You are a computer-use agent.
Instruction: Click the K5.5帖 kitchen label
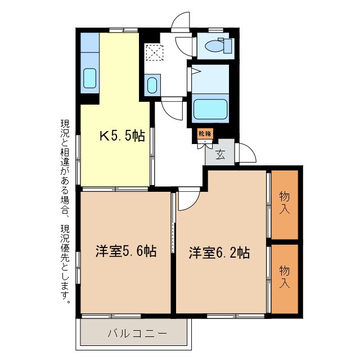[x=122, y=136]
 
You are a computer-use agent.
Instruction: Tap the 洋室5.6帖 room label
[x=125, y=252]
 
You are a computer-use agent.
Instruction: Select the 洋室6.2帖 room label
[x=219, y=253]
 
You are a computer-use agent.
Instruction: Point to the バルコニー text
[x=138, y=333]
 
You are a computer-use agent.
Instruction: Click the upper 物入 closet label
[x=285, y=203]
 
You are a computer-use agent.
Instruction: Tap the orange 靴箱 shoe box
[x=205, y=134]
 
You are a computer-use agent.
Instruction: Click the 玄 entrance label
[x=220, y=155]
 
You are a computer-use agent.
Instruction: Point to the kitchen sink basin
[x=90, y=78]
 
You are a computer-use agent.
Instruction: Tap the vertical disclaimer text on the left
[x=66, y=211]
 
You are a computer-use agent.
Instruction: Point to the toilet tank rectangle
[x=228, y=46]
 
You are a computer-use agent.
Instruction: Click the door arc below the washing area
[x=173, y=110]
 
